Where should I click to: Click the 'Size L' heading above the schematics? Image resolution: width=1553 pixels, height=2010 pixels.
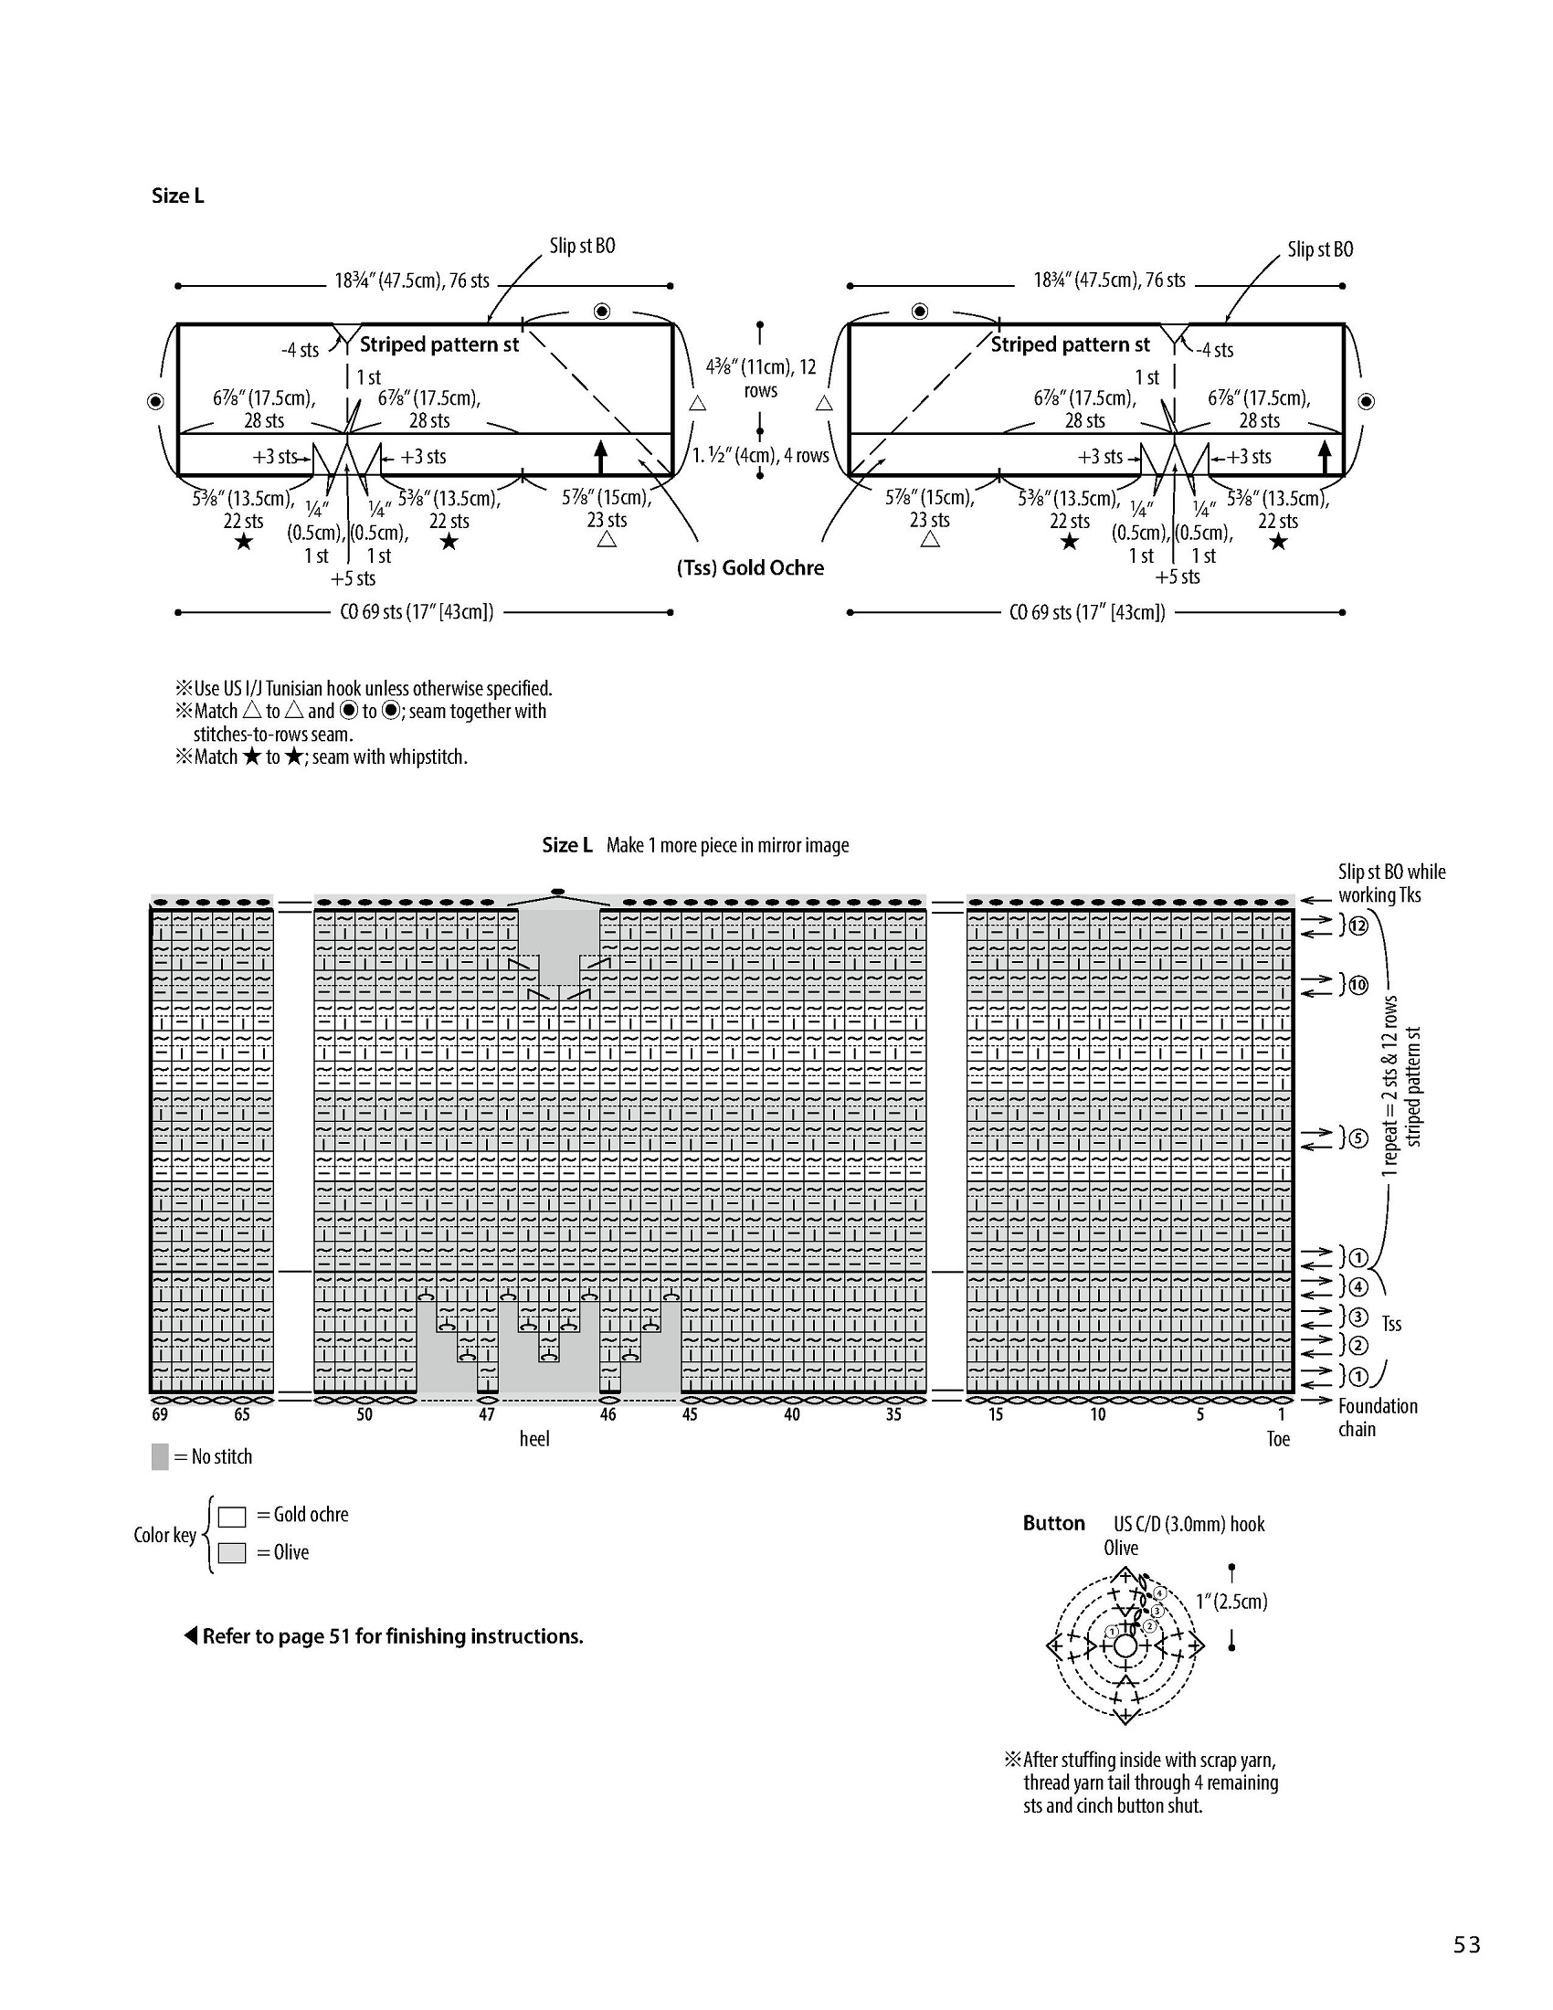pyautogui.click(x=177, y=196)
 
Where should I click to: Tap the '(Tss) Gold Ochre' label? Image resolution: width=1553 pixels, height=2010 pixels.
pyautogui.click(x=750, y=568)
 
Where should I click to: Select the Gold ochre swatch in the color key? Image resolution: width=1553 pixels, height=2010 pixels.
pyautogui.click(x=232, y=1516)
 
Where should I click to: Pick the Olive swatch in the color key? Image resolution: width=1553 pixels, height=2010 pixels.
pyautogui.click(x=232, y=1553)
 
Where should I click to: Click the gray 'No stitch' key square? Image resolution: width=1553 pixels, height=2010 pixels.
pyautogui.click(x=160, y=1457)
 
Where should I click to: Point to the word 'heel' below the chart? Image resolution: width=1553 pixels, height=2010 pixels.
pyautogui.click(x=534, y=1438)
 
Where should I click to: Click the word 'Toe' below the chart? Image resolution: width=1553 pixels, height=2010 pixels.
pyautogui.click(x=1278, y=1439)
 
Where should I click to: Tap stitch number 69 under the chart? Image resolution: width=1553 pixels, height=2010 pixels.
pyautogui.click(x=160, y=1414)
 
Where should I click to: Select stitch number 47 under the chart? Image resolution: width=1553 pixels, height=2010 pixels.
pyautogui.click(x=486, y=1414)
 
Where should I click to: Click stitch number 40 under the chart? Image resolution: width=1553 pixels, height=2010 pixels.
pyautogui.click(x=791, y=1414)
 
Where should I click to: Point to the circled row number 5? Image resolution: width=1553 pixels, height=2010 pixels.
pyautogui.click(x=1357, y=1138)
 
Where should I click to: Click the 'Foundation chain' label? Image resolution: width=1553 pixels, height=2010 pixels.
pyautogui.click(x=1378, y=1417)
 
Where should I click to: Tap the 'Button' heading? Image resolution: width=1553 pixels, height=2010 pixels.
pyautogui.click(x=1053, y=1523)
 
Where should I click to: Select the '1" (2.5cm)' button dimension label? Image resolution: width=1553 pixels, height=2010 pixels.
pyautogui.click(x=1232, y=1602)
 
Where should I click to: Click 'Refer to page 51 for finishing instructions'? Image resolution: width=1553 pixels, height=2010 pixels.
pyautogui.click(x=393, y=1636)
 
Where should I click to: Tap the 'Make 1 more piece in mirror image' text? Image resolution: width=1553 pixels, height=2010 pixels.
pyautogui.click(x=728, y=845)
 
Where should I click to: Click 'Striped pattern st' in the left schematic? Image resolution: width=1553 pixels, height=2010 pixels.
pyautogui.click(x=438, y=345)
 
